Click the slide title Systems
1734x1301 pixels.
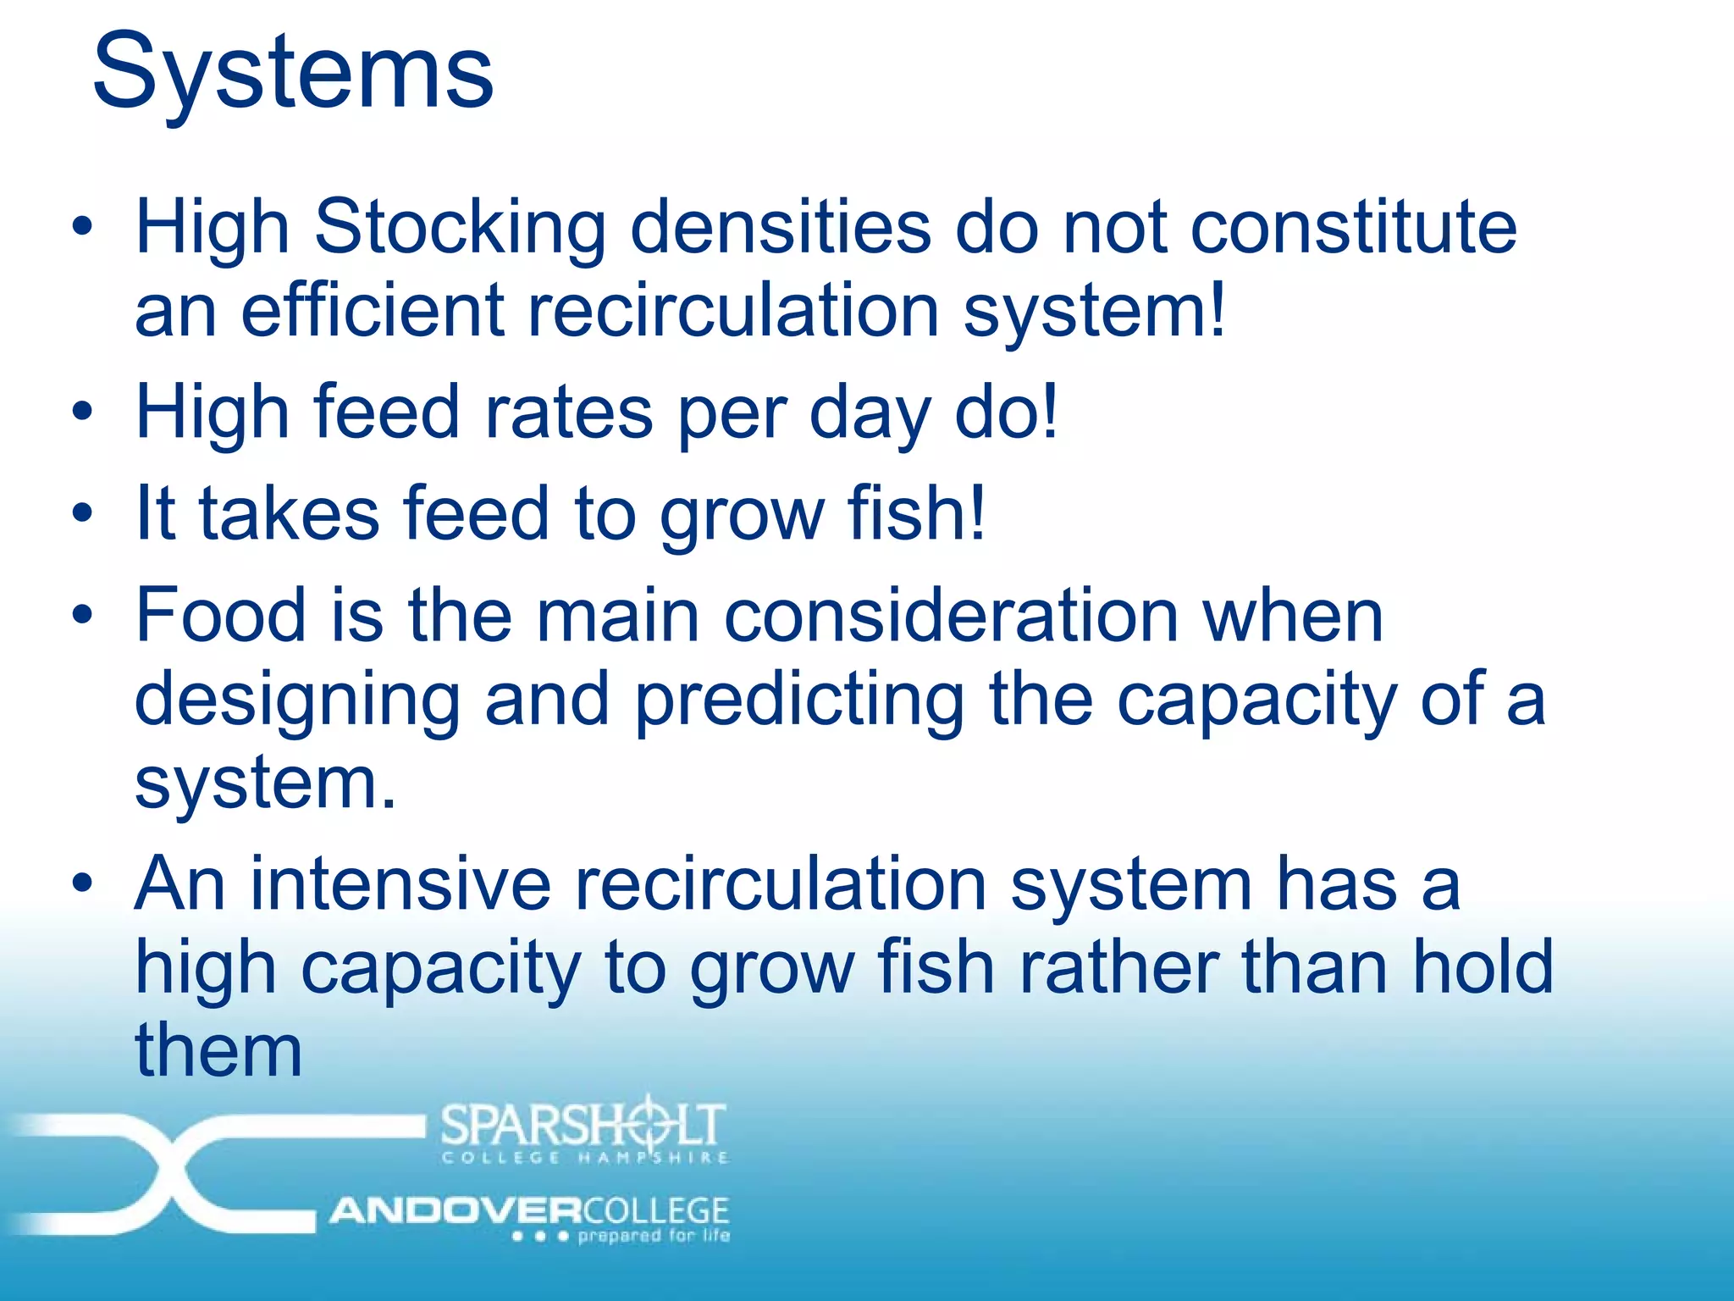click(x=292, y=72)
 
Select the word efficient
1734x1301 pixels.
click(x=373, y=311)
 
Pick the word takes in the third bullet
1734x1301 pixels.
click(x=289, y=514)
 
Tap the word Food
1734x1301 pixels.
click(x=220, y=615)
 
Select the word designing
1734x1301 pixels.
click(x=296, y=701)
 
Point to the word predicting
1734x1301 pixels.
click(x=798, y=701)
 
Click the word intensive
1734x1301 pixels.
click(x=400, y=884)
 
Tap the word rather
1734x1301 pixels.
click(x=1118, y=967)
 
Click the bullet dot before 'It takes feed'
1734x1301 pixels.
click(x=81, y=513)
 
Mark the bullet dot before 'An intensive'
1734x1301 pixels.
click(x=81, y=884)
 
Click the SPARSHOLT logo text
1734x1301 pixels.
click(x=583, y=1125)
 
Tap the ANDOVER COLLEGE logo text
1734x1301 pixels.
click(x=529, y=1210)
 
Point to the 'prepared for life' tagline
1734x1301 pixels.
click(x=653, y=1236)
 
